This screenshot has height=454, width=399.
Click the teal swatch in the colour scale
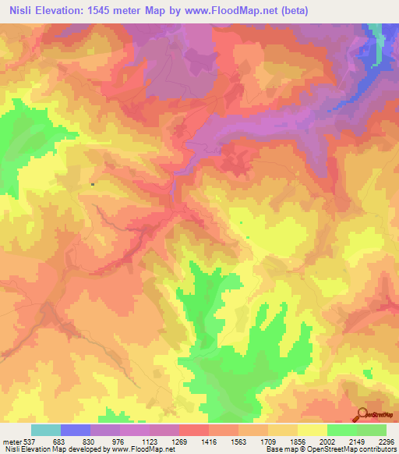pyautogui.click(x=46, y=430)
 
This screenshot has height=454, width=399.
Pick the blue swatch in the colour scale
pyautogui.click(x=76, y=430)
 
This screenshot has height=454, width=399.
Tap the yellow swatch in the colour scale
pyautogui.click(x=312, y=430)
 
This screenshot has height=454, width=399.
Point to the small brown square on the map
pyautogui.click(x=93, y=184)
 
